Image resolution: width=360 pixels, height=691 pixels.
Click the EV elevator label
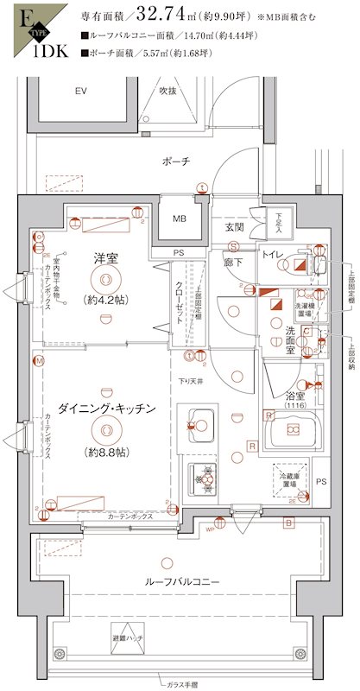[81, 91]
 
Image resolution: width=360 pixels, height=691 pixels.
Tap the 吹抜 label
[167, 91]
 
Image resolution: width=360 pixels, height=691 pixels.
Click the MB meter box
[179, 219]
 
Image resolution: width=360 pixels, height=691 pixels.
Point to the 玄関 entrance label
[235, 227]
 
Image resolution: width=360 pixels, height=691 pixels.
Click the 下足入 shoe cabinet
[279, 225]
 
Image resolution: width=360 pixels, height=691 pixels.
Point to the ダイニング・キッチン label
[107, 408]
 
